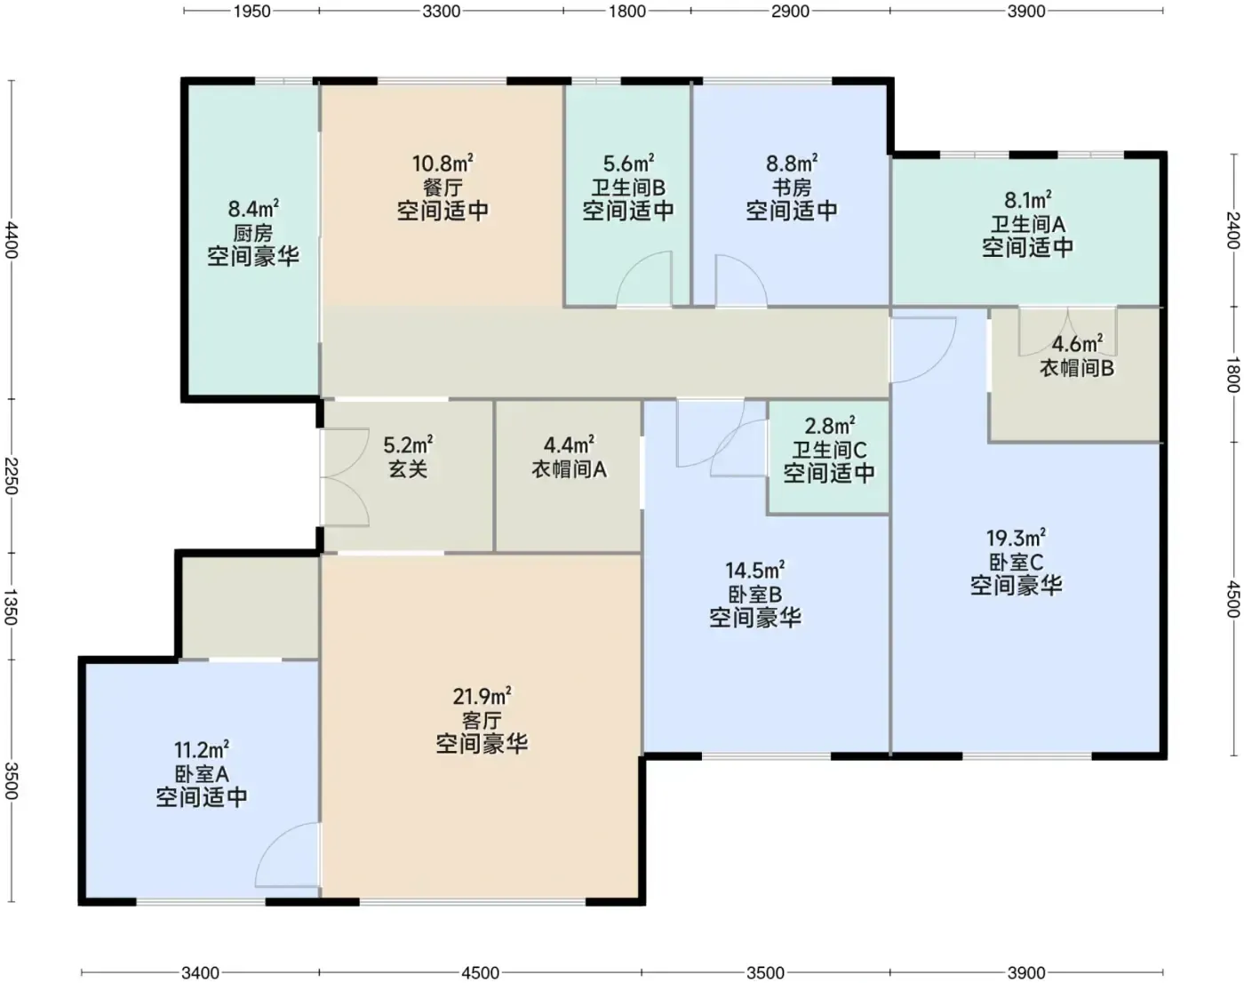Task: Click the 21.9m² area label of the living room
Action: click(482, 696)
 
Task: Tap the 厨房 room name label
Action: click(252, 233)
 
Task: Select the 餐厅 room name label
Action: click(443, 188)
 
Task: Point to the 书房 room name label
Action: click(792, 188)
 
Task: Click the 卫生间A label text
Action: click(1028, 224)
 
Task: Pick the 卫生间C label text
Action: click(829, 450)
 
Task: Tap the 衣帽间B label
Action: click(1076, 368)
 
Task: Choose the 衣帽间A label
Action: click(569, 469)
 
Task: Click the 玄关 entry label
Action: click(408, 469)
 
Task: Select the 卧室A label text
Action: click(201, 773)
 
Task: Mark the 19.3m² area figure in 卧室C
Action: click(1016, 538)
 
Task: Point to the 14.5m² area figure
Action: click(755, 570)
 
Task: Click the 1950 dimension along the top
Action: click(252, 11)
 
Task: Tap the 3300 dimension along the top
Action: click(441, 11)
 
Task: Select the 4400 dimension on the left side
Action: click(11, 239)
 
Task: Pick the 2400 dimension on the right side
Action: click(1232, 230)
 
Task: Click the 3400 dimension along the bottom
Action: click(200, 972)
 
